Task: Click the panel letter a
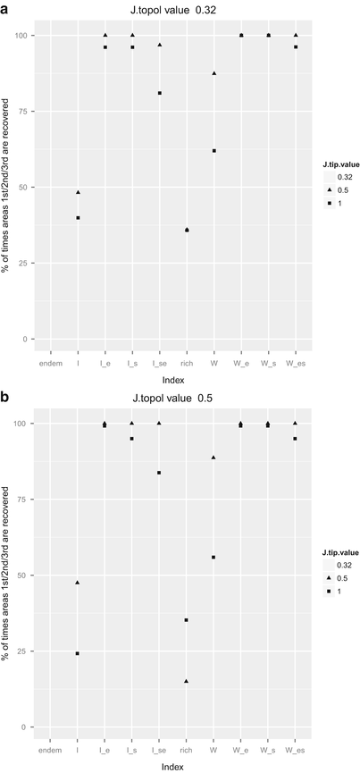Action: pyautogui.click(x=6, y=7)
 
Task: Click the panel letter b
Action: pyautogui.click(x=6, y=393)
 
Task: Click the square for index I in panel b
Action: pyautogui.click(x=78, y=653)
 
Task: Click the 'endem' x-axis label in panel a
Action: pyautogui.click(x=50, y=364)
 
